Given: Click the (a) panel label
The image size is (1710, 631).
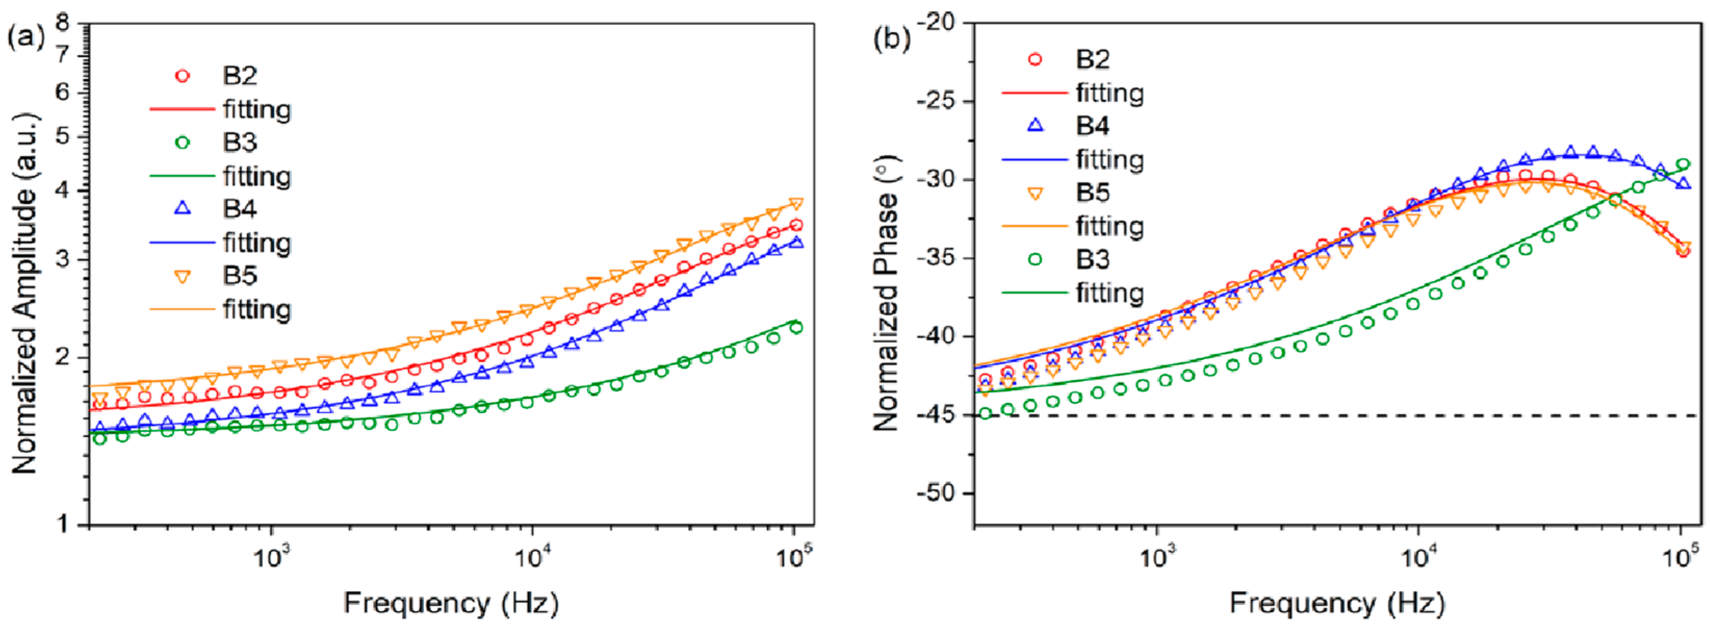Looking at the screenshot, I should point(25,38).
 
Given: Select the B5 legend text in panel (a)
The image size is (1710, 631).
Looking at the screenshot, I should point(240,275).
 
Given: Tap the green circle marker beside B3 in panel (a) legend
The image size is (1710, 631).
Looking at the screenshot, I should point(183,142).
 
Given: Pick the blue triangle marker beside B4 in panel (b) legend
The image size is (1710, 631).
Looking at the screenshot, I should point(1035,125).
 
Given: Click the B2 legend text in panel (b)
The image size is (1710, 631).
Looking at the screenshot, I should point(1092,59).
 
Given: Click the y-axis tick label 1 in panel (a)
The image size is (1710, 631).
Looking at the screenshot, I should point(62,524).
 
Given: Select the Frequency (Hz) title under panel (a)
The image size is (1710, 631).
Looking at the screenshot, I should point(451,603).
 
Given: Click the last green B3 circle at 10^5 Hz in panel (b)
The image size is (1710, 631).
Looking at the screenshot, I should point(1683,164).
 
